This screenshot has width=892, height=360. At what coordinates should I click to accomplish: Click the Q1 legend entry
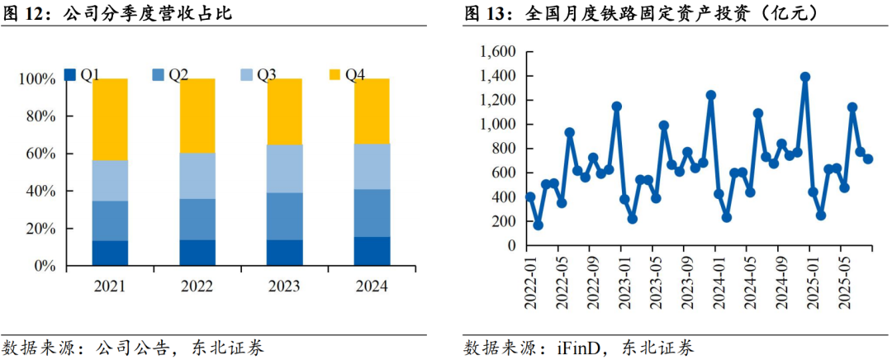click(83, 75)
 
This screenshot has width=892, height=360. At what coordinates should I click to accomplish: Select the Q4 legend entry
click(346, 75)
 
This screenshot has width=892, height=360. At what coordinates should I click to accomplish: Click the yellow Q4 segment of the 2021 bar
click(110, 119)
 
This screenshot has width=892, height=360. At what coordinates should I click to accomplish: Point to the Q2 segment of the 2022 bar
click(197, 219)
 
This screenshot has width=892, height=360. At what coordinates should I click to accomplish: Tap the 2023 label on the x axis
click(284, 286)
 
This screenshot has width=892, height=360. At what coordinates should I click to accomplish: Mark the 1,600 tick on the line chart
click(497, 52)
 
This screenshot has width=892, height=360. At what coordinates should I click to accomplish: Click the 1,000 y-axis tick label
click(497, 125)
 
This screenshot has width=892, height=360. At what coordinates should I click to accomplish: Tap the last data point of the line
click(868, 159)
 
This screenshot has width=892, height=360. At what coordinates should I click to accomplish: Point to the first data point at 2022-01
click(530, 197)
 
